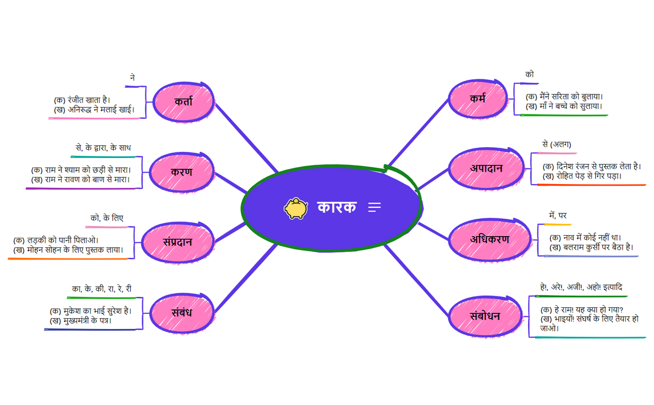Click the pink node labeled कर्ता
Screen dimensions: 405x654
183,102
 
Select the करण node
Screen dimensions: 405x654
181,172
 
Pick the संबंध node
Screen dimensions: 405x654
181,313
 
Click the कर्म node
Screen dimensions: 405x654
478,99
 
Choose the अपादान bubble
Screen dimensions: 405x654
486,168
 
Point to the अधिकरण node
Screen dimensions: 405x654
489,239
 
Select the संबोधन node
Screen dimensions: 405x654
485,316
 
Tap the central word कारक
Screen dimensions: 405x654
336,207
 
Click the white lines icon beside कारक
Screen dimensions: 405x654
374,207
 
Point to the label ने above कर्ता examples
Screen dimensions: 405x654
132,78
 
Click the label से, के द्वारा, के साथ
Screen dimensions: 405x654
103,148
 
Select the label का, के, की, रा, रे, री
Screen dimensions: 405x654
101,289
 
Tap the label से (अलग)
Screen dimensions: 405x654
556,144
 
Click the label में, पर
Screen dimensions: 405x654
557,216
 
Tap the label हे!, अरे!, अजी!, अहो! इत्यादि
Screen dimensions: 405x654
580,287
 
